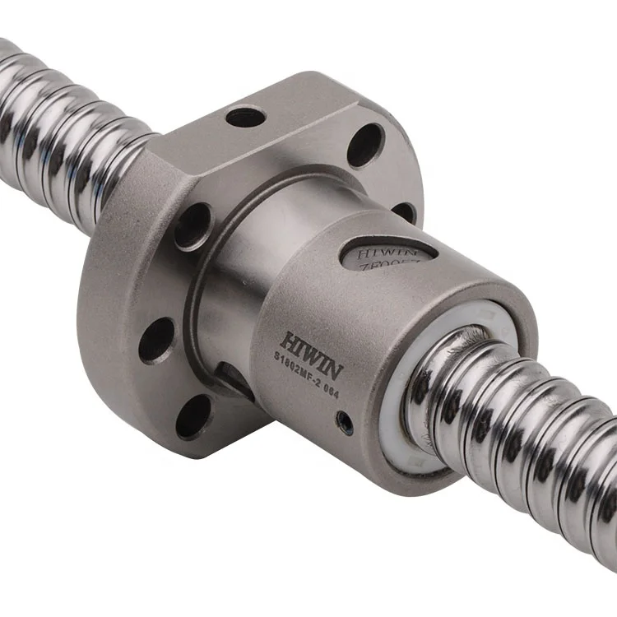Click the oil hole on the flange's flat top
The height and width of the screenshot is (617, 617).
click(245, 118)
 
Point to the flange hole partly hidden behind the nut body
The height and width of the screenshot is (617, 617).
click(405, 211)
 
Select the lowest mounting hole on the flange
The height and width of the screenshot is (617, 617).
click(195, 416)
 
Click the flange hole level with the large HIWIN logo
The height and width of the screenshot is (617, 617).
click(157, 340)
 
